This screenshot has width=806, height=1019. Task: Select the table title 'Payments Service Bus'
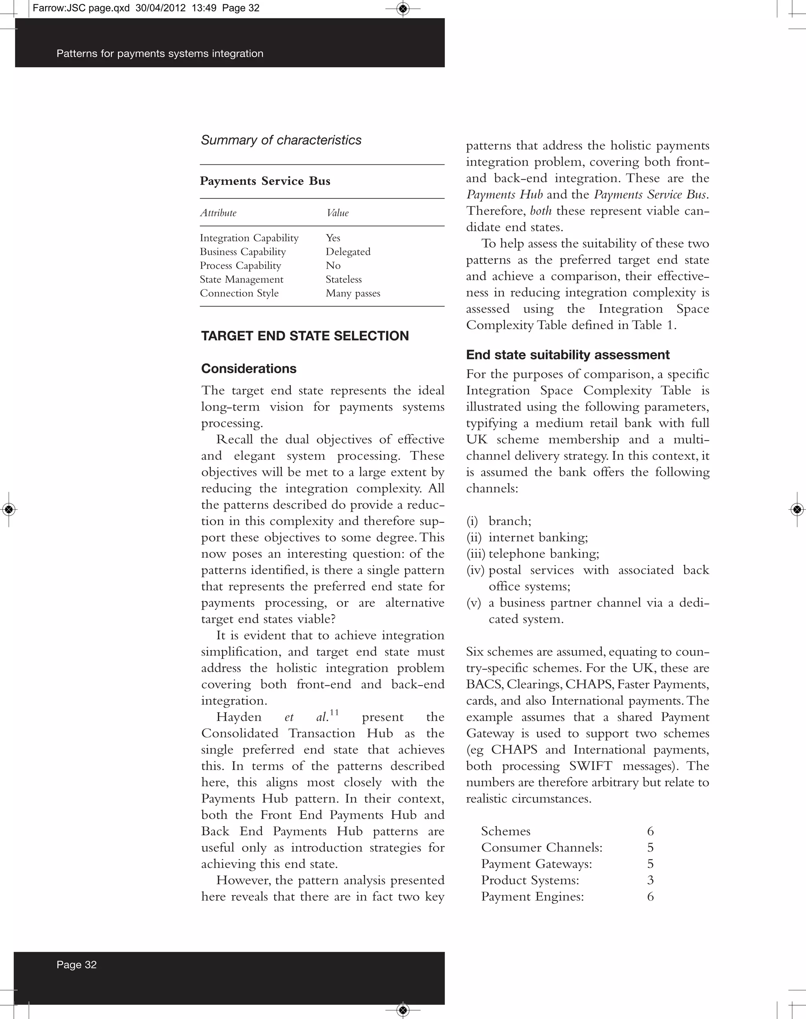pyautogui.click(x=265, y=181)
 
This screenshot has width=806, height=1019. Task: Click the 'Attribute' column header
pyautogui.click(x=218, y=213)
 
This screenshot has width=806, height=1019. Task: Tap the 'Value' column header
pyautogui.click(x=337, y=213)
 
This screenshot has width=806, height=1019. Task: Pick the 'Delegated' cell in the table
pyautogui.click(x=348, y=252)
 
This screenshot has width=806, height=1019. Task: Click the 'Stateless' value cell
pyautogui.click(x=344, y=280)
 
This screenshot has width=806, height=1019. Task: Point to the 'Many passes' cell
pyautogui.click(x=353, y=293)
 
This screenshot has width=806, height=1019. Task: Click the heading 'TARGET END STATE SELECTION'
pyautogui.click(x=305, y=336)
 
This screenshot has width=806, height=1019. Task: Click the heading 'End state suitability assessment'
pyautogui.click(x=568, y=355)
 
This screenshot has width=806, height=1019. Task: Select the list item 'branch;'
pyautogui.click(x=510, y=521)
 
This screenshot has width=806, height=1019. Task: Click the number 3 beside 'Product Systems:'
pyautogui.click(x=650, y=880)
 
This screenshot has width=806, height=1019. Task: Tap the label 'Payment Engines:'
pyautogui.click(x=532, y=897)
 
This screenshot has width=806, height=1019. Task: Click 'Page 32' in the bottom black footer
pyautogui.click(x=76, y=965)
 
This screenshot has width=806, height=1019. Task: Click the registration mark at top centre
pyautogui.click(x=403, y=9)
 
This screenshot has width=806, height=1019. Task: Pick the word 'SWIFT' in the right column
pyautogui.click(x=590, y=766)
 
